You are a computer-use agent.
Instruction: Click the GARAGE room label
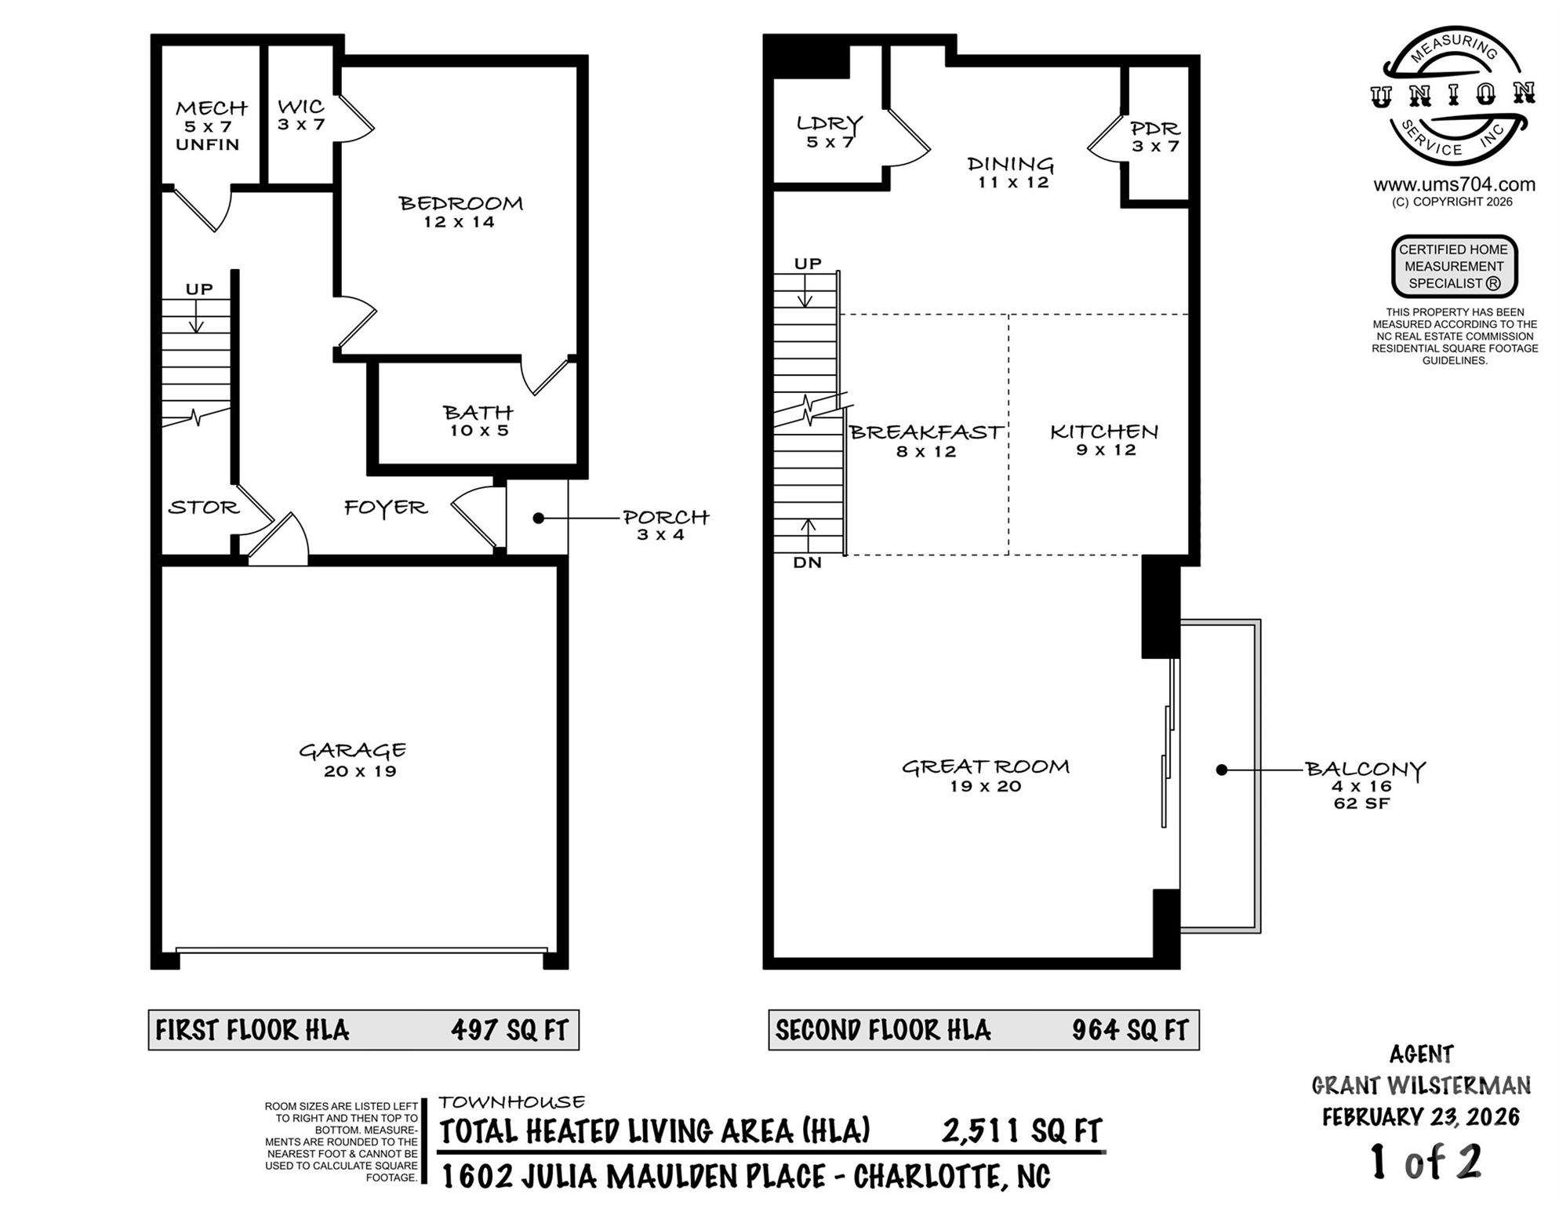353,759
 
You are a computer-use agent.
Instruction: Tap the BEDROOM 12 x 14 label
460,212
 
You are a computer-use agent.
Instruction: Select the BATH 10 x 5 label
478,420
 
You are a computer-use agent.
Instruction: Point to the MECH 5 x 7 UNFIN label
209,126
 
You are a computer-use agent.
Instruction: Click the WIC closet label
301,114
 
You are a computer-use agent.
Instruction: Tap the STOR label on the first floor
203,508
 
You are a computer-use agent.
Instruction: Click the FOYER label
386,508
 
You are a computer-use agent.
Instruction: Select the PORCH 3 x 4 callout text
665,525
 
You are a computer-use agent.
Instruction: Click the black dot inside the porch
539,518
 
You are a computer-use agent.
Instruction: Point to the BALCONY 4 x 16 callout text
1364,785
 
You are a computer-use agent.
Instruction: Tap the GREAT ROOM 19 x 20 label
985,775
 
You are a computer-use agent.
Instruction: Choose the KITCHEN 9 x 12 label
1104,439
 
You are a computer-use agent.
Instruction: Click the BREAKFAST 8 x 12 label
926,440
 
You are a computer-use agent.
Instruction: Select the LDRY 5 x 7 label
830,132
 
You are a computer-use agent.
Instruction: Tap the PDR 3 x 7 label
1155,137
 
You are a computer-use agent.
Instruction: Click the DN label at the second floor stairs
807,562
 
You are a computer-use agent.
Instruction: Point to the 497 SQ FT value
509,1030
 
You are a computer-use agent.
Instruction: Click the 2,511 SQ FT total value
1022,1131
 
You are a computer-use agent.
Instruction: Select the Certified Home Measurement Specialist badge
1454,267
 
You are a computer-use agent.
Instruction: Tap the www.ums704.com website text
1454,185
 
